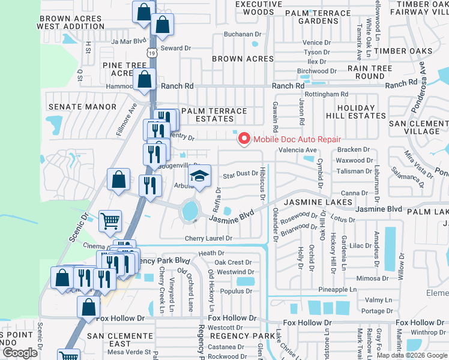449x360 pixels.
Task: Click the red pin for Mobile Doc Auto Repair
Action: coord(244,139)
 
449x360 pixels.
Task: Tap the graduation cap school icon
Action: coord(200,176)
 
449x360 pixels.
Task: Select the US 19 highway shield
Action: coord(155,53)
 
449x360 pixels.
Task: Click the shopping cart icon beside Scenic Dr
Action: coord(110,221)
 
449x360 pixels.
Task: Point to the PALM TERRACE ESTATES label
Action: coord(214,115)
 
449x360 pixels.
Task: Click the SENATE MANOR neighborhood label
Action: coord(82,107)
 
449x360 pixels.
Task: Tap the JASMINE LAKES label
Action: coord(317,203)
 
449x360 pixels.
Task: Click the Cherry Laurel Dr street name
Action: coord(208,238)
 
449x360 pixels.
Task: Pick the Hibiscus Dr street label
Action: coord(262,181)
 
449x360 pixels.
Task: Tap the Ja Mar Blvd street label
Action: coord(128,41)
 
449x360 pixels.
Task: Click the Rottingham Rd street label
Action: coord(326,94)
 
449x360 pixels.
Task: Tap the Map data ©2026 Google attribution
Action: coord(412,355)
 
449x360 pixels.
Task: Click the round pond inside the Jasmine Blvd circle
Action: coord(190,211)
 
